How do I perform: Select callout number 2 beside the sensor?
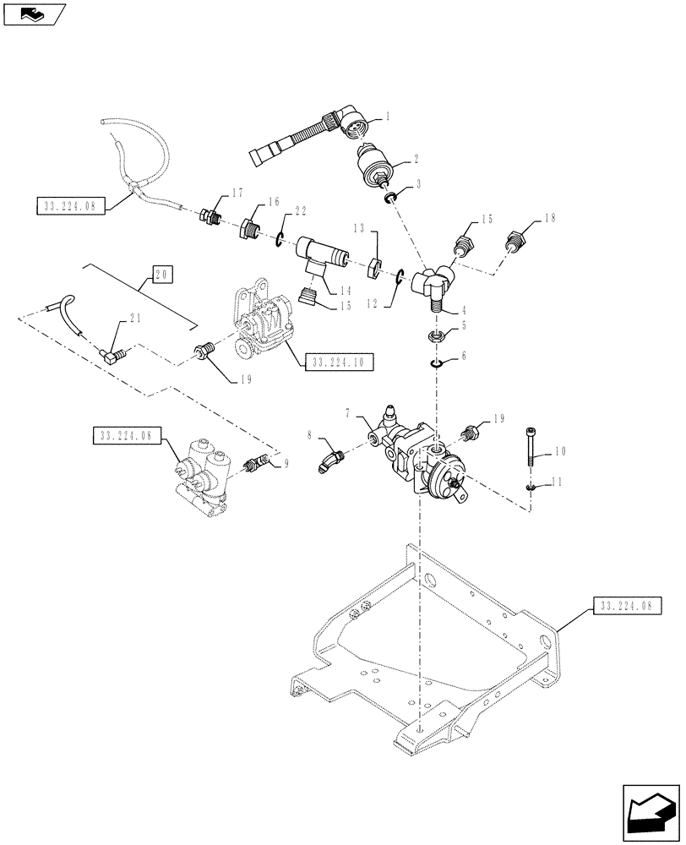(x=415, y=158)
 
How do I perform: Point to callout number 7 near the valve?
(x=347, y=413)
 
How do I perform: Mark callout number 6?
(x=463, y=358)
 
